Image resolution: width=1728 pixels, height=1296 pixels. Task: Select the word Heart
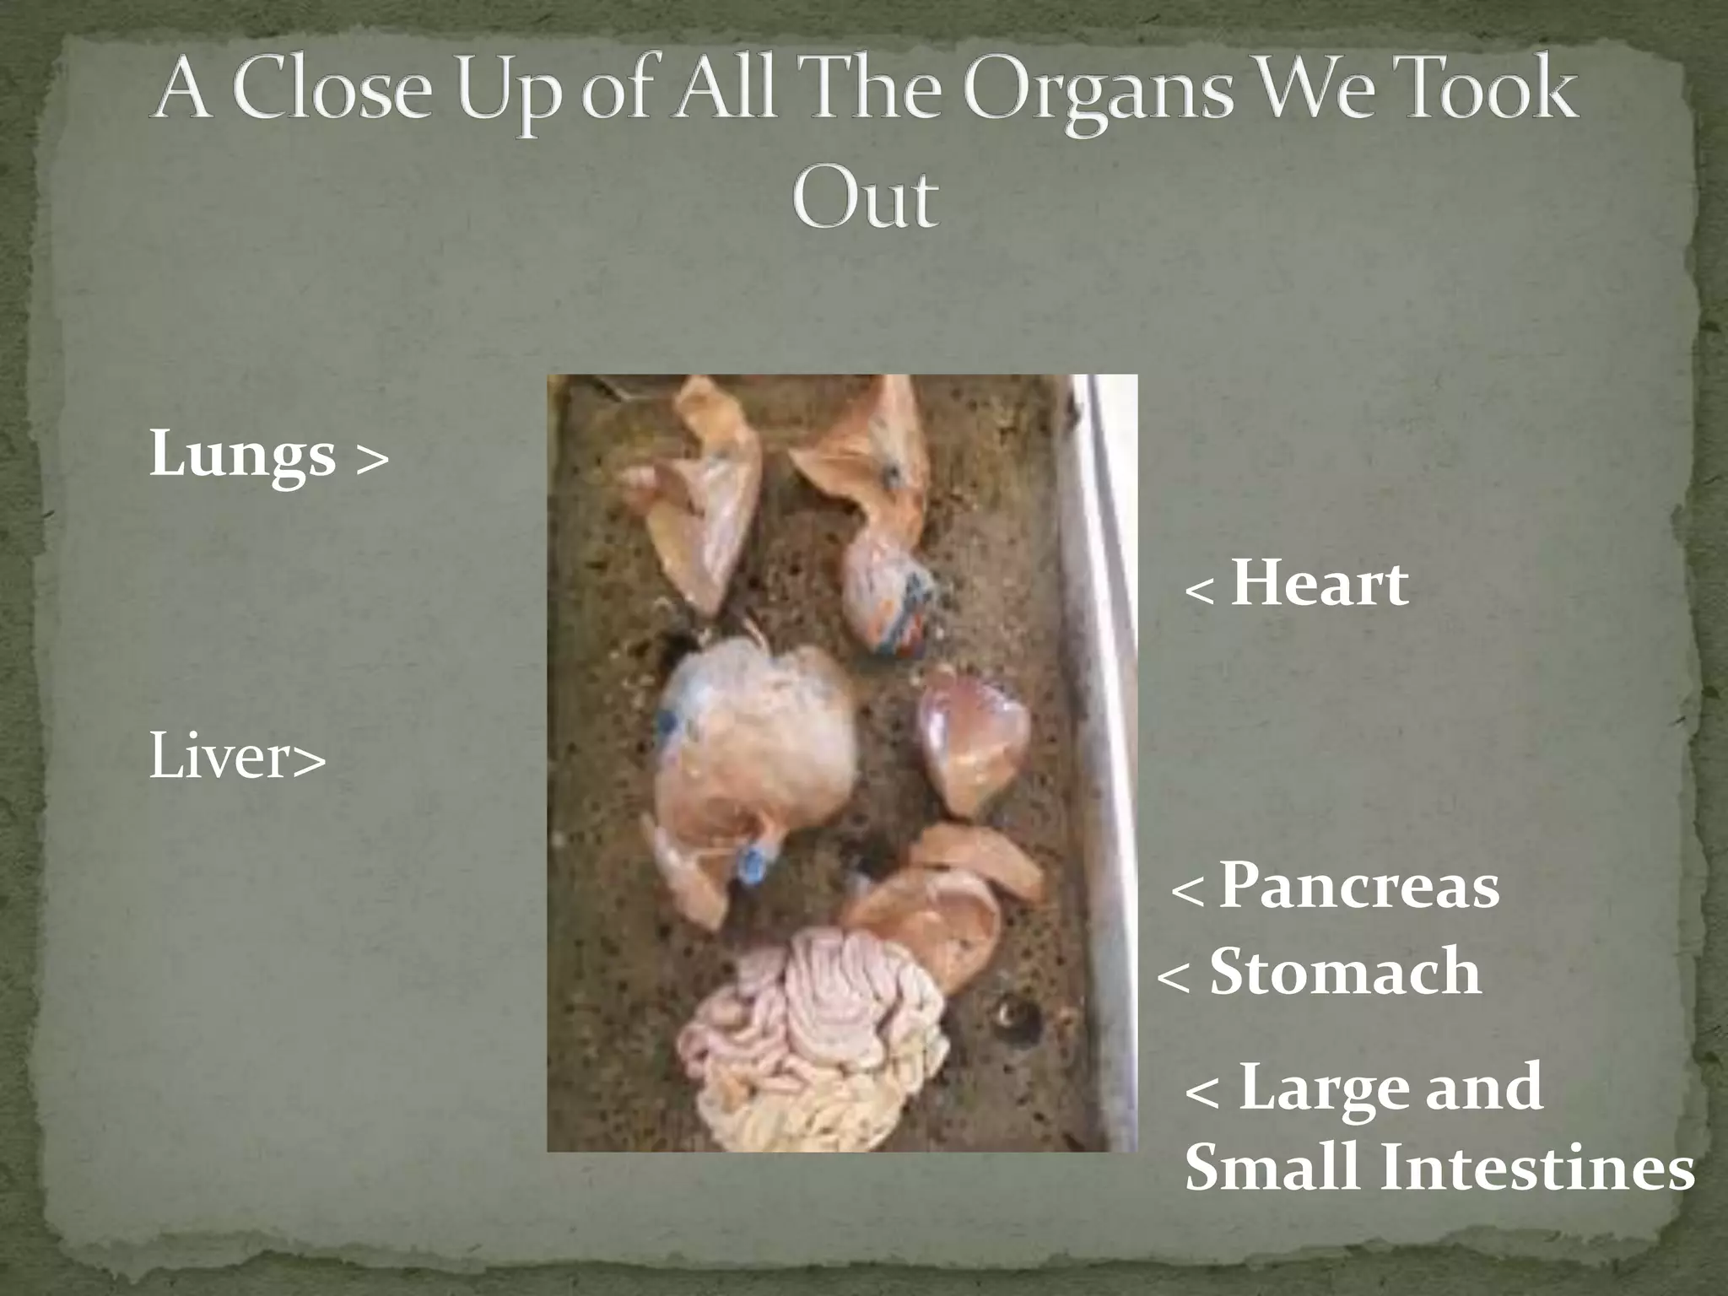(1319, 584)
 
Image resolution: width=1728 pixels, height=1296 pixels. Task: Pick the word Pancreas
(1359, 887)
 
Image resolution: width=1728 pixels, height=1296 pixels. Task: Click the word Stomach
(1345, 972)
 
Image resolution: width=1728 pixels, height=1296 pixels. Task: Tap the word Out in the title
(864, 199)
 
